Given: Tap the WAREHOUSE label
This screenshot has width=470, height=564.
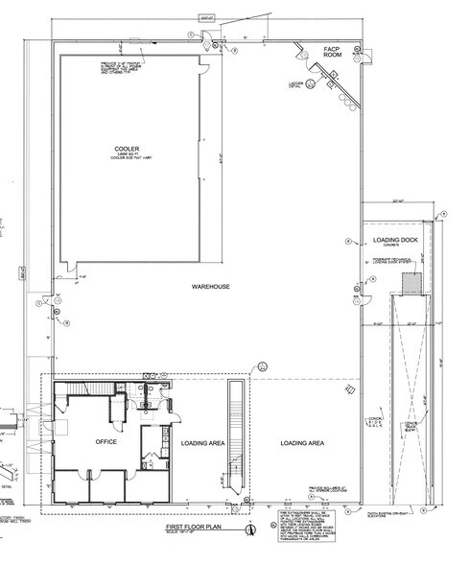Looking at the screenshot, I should pos(208,286).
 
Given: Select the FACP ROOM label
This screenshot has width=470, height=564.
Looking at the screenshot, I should pos(332,53).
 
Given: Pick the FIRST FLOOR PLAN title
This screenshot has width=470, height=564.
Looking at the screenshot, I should pos(194,528).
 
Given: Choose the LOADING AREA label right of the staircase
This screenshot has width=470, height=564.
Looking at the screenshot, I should pos(300,443).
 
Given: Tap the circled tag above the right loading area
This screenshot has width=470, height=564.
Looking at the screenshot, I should pos(261,367).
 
